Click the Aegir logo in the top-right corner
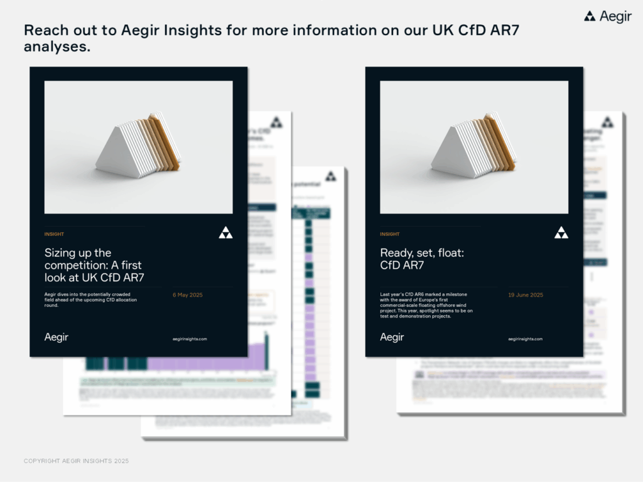[x=607, y=17]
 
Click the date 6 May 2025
[x=188, y=294]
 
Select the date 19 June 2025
[x=526, y=294]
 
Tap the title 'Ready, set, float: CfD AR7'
[x=422, y=259]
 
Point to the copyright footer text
[x=76, y=461]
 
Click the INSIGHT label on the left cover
[x=54, y=234]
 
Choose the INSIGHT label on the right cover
[x=389, y=234]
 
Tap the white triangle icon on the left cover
[x=225, y=233]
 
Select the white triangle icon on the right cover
[x=561, y=233]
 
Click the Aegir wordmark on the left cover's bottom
[x=57, y=337]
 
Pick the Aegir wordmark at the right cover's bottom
[x=392, y=337]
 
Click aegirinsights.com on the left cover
[x=190, y=339]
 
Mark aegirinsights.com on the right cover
[x=525, y=339]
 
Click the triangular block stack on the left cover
[x=138, y=147]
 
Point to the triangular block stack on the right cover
[x=473, y=147]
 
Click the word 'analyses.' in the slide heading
[x=57, y=46]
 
